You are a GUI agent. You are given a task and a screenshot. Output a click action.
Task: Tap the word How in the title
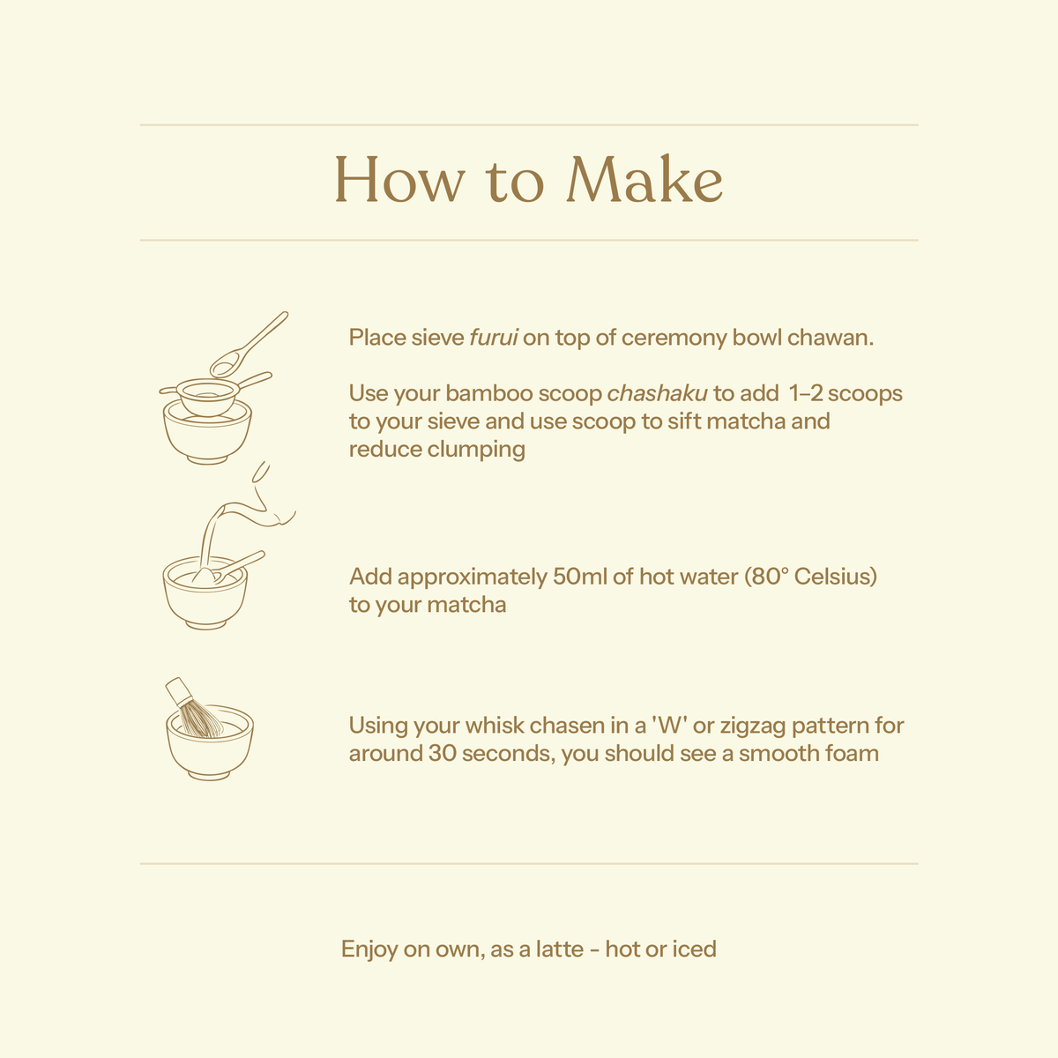(x=399, y=179)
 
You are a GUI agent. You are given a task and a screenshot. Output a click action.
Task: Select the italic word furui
(x=494, y=337)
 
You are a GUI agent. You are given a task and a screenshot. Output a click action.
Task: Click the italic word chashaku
(x=657, y=393)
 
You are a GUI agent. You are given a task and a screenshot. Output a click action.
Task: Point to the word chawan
(x=831, y=337)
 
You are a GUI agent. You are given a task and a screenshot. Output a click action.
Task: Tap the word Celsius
(x=835, y=577)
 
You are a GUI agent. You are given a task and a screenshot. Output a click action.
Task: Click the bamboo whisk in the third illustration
(x=193, y=708)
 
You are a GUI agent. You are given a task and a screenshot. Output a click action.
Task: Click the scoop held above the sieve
(x=248, y=345)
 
